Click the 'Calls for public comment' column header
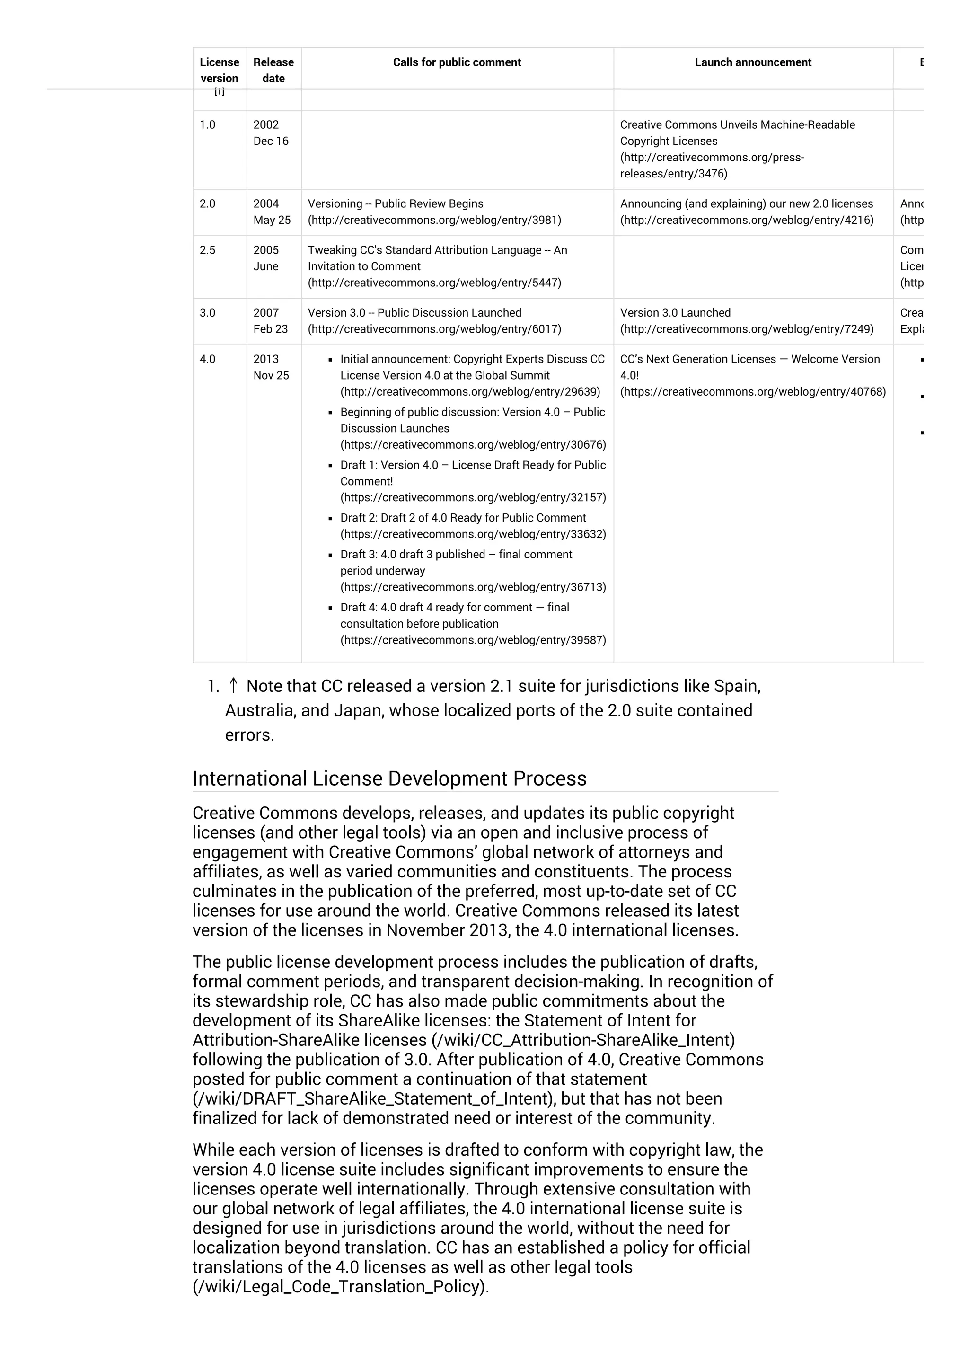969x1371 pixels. coord(457,62)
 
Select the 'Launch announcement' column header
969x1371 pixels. coord(752,62)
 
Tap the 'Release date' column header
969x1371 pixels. coord(273,70)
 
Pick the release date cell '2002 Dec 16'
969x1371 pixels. coord(271,133)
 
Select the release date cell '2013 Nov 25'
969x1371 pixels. coord(271,367)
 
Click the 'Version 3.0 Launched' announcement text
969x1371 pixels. coord(675,313)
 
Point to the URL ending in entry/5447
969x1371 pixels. coord(434,283)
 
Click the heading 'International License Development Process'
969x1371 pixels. coord(389,778)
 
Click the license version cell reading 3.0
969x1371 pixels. coord(208,313)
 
